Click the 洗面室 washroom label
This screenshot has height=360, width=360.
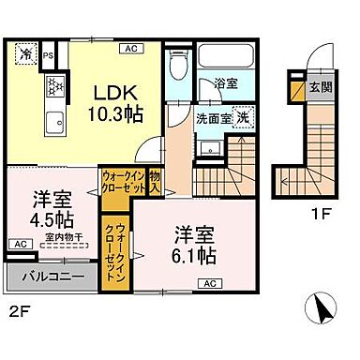tap(213, 120)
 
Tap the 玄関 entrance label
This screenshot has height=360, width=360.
tap(320, 88)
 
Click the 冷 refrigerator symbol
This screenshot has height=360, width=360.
tap(24, 54)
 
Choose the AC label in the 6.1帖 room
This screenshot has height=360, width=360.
tap(210, 283)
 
